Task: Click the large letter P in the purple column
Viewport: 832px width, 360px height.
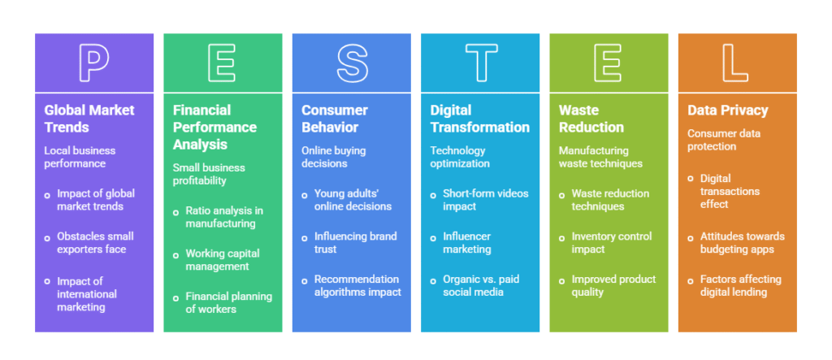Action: pos(94,62)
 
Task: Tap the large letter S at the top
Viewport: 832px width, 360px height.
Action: pos(351,62)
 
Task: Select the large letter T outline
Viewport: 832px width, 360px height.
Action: pos(480,62)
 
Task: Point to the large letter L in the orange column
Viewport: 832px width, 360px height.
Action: pos(737,62)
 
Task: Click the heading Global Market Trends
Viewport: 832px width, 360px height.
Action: pos(89,119)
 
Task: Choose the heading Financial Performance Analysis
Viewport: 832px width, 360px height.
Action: pos(214,128)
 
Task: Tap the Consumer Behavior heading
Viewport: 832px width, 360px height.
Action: pos(335,119)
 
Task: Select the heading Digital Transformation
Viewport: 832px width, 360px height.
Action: pos(479,119)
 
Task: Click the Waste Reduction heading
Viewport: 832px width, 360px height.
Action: pos(591,119)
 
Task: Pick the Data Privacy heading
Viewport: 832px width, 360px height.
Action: pos(727,111)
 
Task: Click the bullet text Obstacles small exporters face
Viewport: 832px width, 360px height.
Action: pos(95,243)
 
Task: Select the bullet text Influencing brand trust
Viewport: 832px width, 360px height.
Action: pos(355,243)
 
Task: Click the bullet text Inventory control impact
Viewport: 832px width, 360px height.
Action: pos(611,243)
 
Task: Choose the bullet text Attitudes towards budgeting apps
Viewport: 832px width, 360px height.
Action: pos(740,243)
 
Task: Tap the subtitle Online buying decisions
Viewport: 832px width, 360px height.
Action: pos(334,157)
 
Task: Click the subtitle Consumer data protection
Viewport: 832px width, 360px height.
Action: pos(723,140)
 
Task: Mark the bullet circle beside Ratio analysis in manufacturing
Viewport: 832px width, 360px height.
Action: pos(176,211)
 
